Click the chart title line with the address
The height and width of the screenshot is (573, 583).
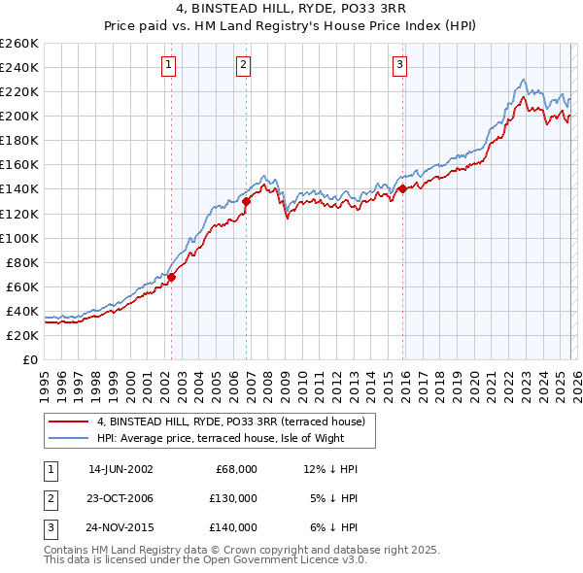point(291,10)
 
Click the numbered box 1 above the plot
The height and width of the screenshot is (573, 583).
point(169,65)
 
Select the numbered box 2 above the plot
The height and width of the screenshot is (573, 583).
point(242,65)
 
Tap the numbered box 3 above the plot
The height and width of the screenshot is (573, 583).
point(399,65)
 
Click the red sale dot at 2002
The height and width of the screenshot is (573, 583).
point(172,277)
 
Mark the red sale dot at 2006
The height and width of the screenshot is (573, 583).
point(247,201)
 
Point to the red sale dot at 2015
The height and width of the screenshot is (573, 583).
point(402,189)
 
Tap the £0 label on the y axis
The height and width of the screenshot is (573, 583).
point(29,359)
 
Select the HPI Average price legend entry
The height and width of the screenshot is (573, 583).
point(221,438)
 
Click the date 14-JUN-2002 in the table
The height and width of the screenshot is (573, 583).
point(120,469)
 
